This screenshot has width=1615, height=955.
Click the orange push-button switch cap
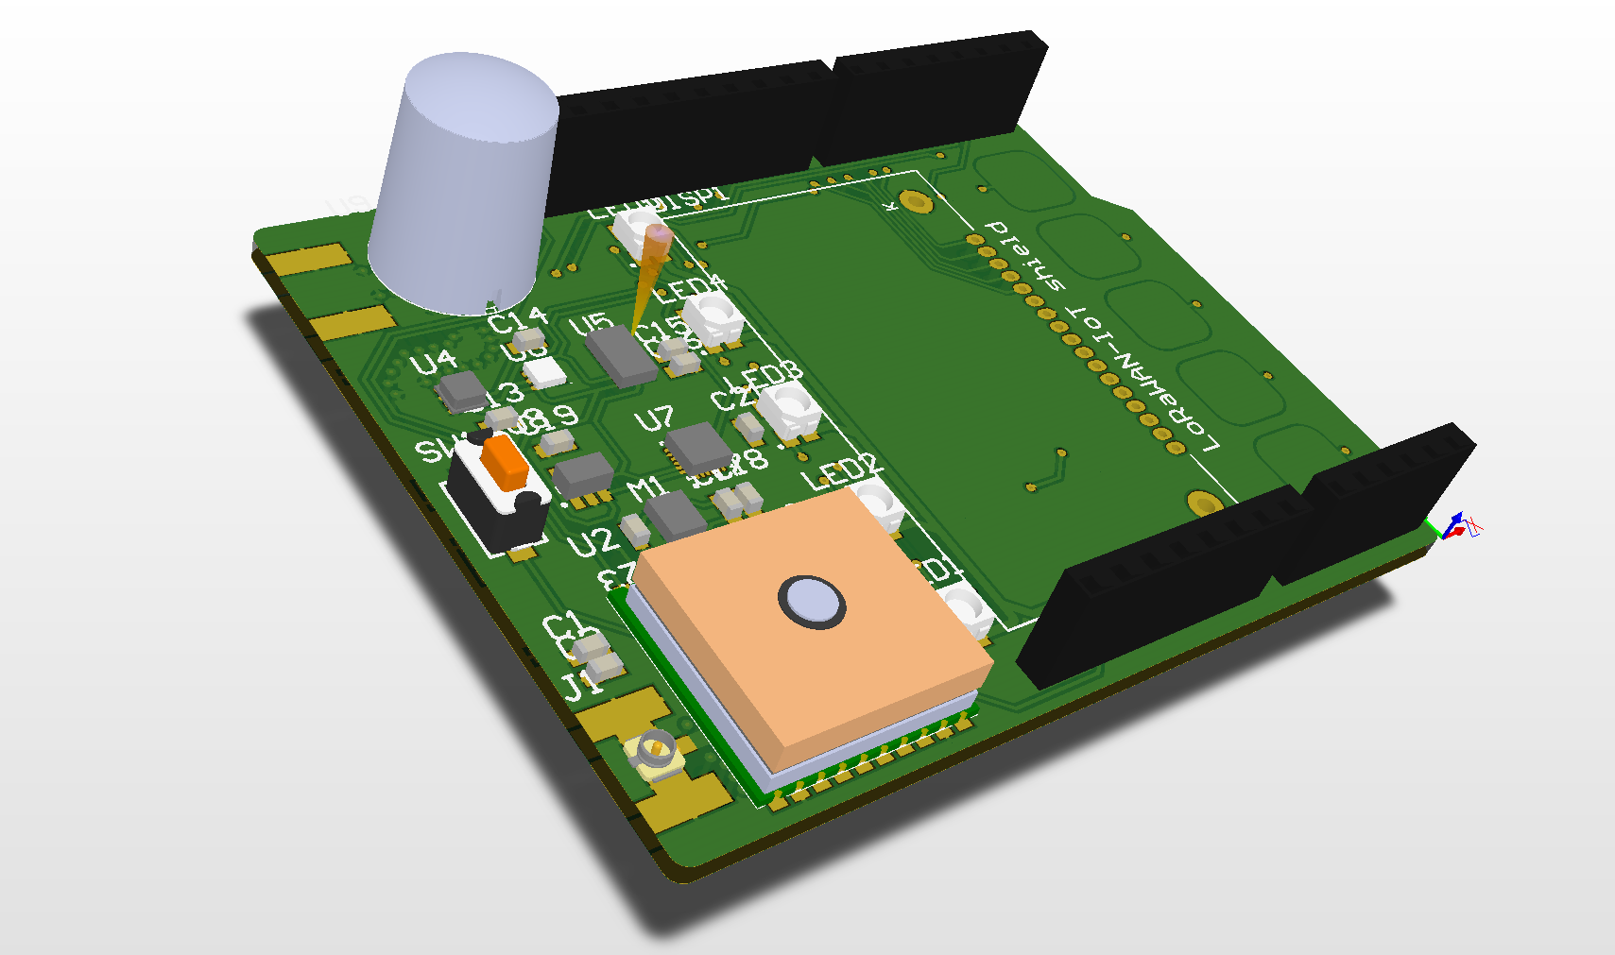pos(505,462)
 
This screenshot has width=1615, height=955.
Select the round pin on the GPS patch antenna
pos(811,601)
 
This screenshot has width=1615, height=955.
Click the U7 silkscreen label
pos(654,418)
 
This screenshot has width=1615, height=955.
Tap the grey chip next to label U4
pos(463,390)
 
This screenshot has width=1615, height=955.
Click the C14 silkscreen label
pos(517,319)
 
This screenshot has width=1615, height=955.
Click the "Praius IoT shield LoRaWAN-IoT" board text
pos(1101,335)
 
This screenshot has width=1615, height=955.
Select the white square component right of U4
pos(545,373)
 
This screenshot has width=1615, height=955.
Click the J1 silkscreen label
pos(580,685)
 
